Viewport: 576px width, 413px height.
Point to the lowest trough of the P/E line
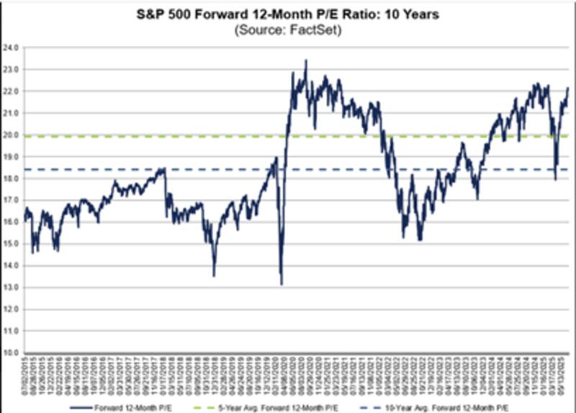[281, 284]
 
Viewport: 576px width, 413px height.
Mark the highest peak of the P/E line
[306, 60]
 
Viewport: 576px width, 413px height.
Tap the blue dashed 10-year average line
[216, 170]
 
